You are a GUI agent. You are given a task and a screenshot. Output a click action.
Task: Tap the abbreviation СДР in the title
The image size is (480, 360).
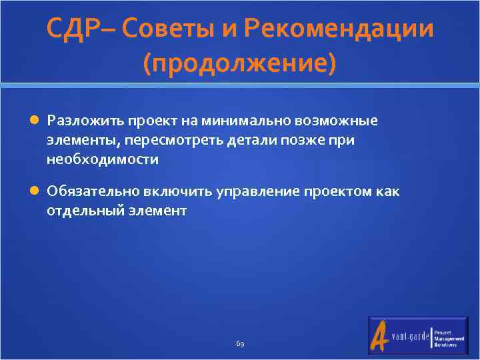point(72,29)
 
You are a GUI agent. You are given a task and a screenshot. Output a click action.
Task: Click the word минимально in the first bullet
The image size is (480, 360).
point(242,121)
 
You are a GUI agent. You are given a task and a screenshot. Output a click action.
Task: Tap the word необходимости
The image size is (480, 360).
point(103,159)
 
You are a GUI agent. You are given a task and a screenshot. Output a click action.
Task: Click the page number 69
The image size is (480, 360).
point(240,344)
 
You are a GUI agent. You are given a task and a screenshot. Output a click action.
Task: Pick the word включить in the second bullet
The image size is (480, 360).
point(177,191)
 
